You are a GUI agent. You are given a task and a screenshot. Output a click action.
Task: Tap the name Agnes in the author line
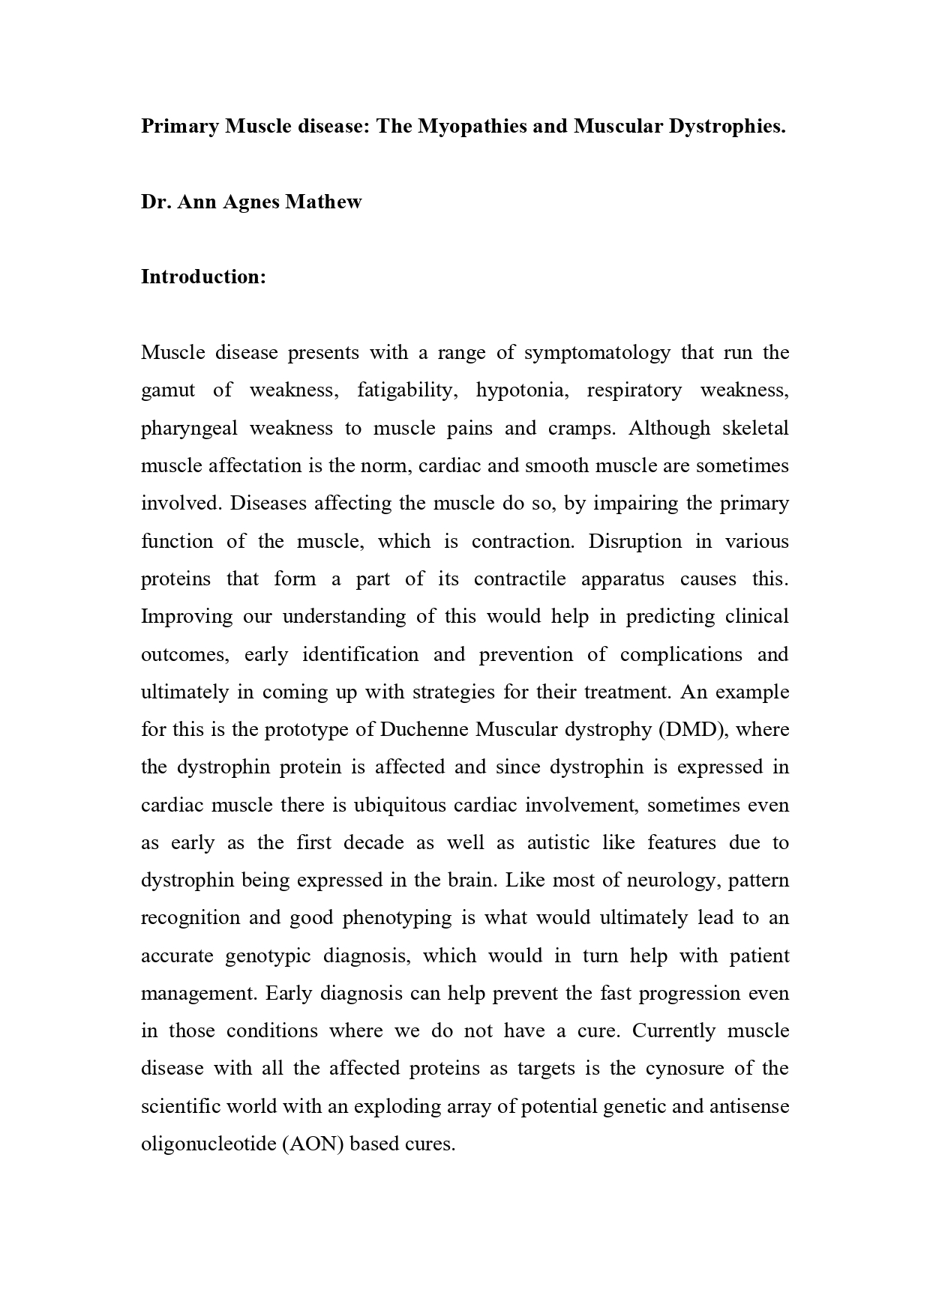point(251,202)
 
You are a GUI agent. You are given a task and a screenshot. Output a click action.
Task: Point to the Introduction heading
point(203,277)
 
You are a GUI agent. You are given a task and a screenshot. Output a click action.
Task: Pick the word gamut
point(168,390)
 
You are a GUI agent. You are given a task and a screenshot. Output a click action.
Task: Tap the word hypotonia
point(520,390)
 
